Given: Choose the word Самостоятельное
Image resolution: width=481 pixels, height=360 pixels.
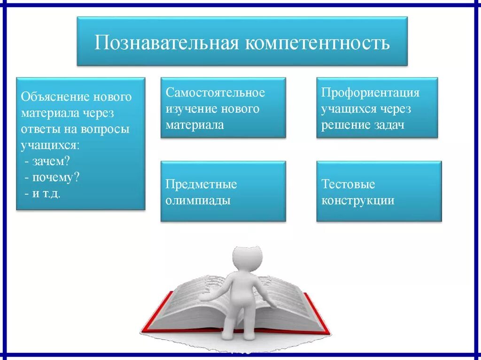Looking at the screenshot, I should [x=215, y=92].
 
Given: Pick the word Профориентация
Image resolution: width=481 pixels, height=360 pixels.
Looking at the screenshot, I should [x=370, y=92].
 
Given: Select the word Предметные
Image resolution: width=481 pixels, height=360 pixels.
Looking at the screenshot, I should [x=201, y=184].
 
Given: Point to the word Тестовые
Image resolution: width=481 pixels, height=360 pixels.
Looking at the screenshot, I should [x=348, y=184].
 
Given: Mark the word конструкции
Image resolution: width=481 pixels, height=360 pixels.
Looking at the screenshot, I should [x=357, y=200].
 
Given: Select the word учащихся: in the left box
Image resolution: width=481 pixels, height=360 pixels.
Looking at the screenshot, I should [x=50, y=146].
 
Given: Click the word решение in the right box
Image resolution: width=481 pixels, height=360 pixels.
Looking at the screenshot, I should [x=344, y=125].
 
